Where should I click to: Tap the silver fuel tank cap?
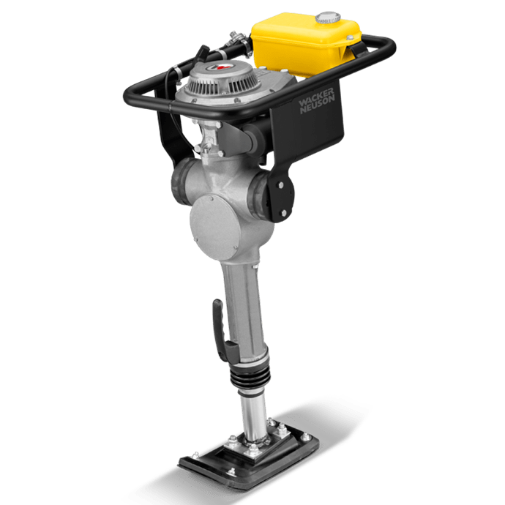click(x=328, y=18)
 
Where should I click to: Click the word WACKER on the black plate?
click(x=317, y=97)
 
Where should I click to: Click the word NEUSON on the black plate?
click(x=318, y=105)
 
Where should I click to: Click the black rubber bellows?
click(x=250, y=375)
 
